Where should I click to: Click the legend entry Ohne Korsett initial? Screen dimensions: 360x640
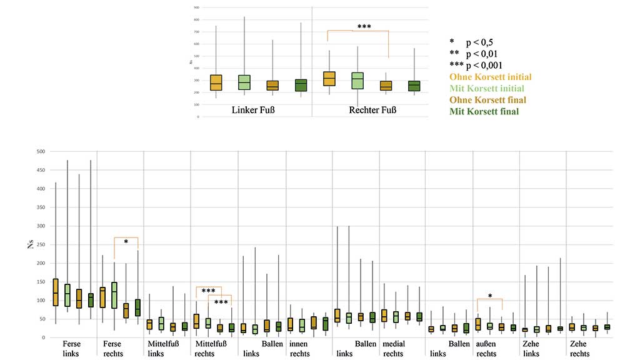491,77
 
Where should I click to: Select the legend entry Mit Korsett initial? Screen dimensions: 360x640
487,88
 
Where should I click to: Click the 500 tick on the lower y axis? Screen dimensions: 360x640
40,151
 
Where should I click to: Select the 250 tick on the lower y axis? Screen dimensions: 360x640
40,244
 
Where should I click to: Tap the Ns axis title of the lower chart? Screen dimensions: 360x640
29,244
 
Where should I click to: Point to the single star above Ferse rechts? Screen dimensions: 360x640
126,242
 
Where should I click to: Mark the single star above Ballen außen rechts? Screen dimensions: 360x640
490,297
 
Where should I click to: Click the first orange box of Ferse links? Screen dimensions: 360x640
56,292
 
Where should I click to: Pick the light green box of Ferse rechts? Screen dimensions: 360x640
114,295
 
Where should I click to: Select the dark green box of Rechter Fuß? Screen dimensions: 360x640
414,86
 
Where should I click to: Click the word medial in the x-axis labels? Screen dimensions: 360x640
394,344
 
